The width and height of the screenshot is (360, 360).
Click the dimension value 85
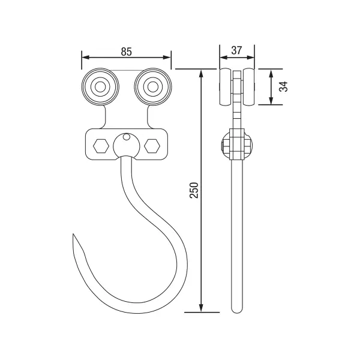click(x=127, y=52)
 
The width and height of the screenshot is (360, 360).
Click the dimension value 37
click(x=236, y=50)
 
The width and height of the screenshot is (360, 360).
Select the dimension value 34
click(x=284, y=86)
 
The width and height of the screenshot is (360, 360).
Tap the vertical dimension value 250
click(x=194, y=190)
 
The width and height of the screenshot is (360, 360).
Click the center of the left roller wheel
click(x=100, y=87)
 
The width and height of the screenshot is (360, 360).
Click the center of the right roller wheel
click(x=152, y=87)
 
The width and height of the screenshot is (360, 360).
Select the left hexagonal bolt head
click(x=101, y=146)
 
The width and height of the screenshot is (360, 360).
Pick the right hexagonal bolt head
click(x=152, y=146)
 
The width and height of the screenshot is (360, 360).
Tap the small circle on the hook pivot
click(x=126, y=137)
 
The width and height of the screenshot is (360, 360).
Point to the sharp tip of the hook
click(x=73, y=234)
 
